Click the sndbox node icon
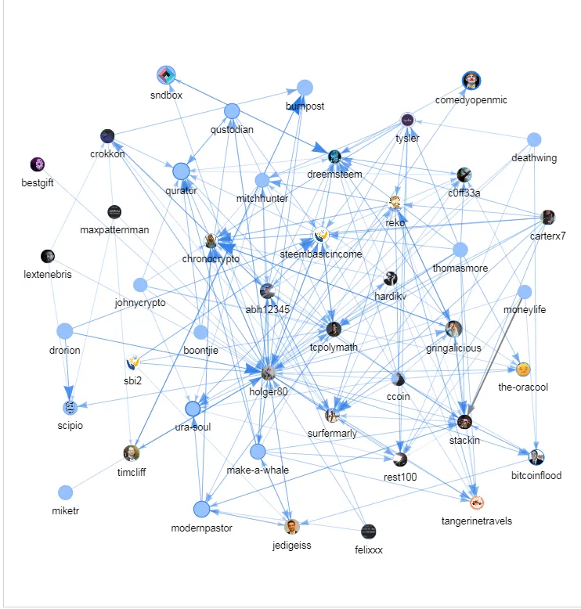click(166, 76)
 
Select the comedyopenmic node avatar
click(471, 80)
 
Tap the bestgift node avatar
click(38, 164)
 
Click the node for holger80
click(268, 373)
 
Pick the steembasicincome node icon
click(320, 235)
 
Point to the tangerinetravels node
click(476, 503)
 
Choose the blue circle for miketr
click(65, 492)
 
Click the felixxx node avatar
click(368, 532)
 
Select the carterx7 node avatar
click(548, 217)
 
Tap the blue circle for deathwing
click(533, 140)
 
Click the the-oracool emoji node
click(522, 369)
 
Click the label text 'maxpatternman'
click(114, 230)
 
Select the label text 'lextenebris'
click(48, 275)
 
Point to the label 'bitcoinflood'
click(536, 475)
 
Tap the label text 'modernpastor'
click(201, 528)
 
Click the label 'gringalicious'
click(453, 348)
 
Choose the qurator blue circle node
click(181, 171)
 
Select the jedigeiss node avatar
click(292, 527)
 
